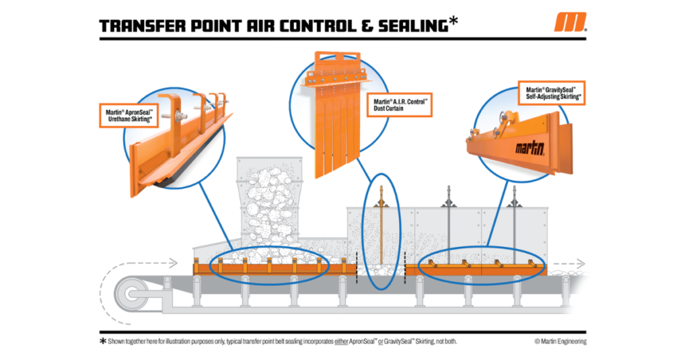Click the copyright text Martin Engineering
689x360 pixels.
pyautogui.click(x=560, y=341)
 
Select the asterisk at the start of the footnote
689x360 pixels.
pyautogui.click(x=103, y=341)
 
